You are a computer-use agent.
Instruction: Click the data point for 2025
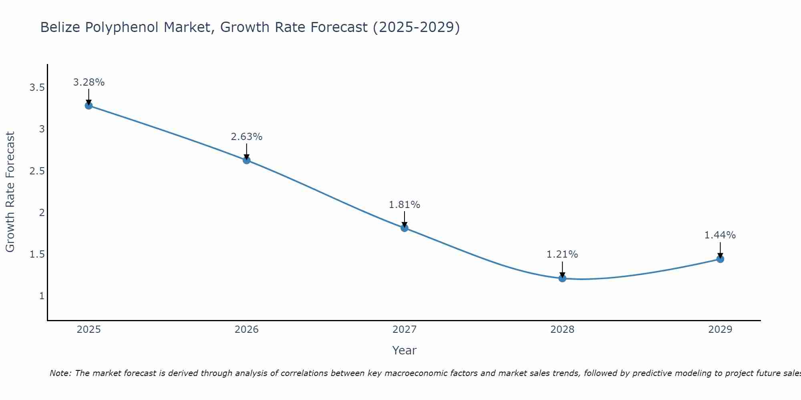[x=89, y=106]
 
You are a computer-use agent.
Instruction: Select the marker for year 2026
[x=247, y=160]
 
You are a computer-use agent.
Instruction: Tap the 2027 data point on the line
[x=405, y=228]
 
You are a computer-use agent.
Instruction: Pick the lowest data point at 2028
[x=562, y=278]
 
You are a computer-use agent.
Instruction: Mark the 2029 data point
[x=720, y=259]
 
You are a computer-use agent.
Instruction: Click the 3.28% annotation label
[x=89, y=82]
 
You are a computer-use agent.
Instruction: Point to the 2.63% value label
[x=247, y=137]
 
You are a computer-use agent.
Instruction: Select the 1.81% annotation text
[x=405, y=205]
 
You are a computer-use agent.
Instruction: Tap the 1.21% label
[x=562, y=254]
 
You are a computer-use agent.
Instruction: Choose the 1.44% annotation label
[x=720, y=235]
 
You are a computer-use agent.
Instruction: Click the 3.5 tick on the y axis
[x=37, y=88]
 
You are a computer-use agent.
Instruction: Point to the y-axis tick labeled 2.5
[x=37, y=171]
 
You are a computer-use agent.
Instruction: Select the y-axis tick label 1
[x=42, y=296]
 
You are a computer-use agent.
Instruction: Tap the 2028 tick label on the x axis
[x=562, y=330]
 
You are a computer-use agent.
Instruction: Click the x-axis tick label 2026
[x=247, y=330]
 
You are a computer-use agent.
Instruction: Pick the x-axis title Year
[x=405, y=350]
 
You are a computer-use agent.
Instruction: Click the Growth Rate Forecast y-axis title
[x=10, y=192]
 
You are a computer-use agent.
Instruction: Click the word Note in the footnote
[x=60, y=373]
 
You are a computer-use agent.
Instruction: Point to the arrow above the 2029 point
[x=720, y=250]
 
